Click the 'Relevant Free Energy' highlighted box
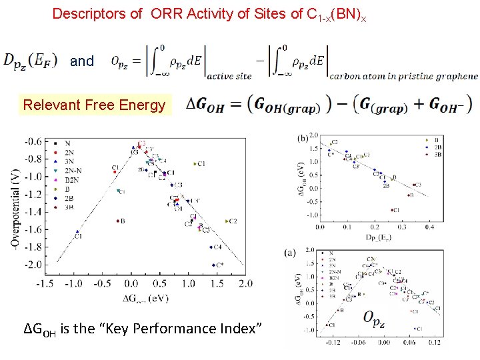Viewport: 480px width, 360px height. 94,105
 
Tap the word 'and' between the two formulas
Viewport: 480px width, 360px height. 82,61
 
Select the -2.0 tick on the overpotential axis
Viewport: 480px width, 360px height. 32,265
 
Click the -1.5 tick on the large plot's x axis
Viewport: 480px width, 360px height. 46,283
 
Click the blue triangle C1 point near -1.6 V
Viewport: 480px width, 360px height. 77,231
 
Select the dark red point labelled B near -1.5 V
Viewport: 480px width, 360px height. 117,221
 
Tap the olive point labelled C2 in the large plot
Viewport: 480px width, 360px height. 227,221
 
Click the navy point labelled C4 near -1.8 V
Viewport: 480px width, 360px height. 212,247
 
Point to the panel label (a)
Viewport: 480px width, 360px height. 290,252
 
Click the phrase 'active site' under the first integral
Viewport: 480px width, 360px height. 229,76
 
